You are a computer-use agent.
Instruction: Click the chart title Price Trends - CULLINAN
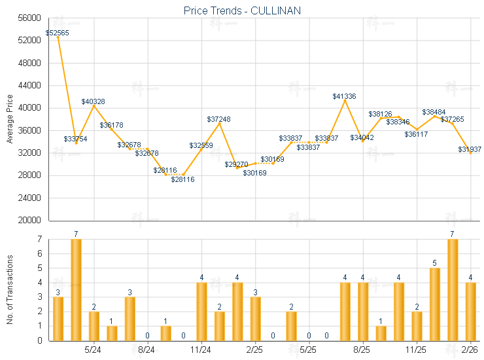pos(242,10)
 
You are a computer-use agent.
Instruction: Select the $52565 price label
pos(57,33)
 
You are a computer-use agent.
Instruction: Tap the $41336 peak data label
pos(344,96)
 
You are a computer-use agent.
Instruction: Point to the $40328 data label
pos(93,101)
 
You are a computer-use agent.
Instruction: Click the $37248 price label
pos(218,119)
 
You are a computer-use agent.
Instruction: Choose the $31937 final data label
pos(470,149)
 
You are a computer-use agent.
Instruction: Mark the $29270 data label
pos(236,164)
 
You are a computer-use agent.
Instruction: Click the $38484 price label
pos(434,112)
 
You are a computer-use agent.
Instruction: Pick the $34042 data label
pos(362,137)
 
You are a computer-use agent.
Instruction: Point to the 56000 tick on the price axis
pos(31,18)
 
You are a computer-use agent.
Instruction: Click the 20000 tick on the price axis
pos(31,221)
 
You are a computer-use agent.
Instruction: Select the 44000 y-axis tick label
pos(31,86)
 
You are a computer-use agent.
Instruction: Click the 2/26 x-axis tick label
pos(470,351)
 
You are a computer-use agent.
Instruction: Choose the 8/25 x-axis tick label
pos(362,351)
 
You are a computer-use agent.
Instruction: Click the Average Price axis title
pos(9,119)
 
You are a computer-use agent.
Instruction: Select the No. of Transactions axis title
pos(9,288)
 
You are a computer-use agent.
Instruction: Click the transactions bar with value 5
pos(434,304)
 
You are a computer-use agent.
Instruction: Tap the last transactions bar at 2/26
pos(470,312)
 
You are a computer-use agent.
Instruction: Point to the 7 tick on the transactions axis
pos(39,240)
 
